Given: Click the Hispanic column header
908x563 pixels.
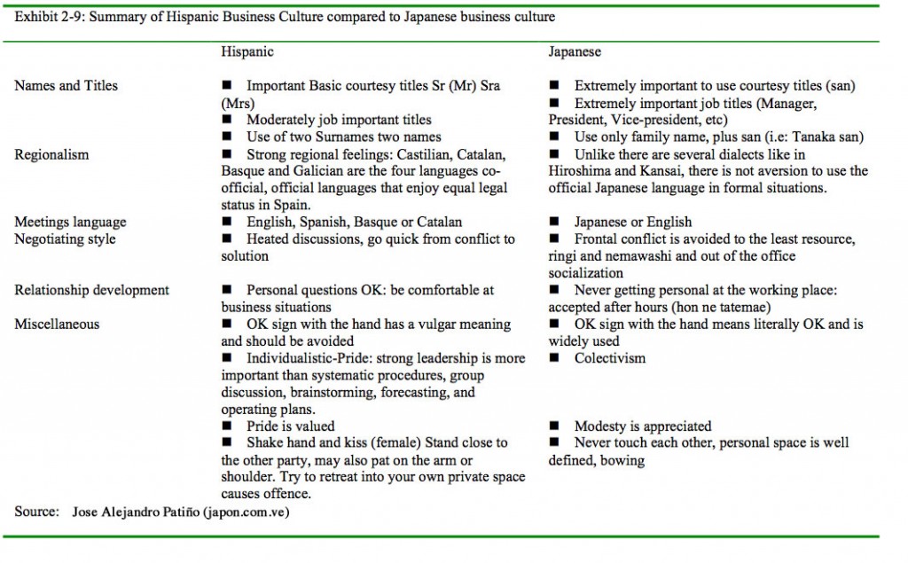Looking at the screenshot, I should (x=247, y=51).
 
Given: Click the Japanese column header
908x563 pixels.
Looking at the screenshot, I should (x=575, y=51).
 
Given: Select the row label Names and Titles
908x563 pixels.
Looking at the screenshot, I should (x=66, y=86).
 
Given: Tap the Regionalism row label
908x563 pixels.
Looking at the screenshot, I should (x=51, y=154).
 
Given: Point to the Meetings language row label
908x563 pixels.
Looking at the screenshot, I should (x=70, y=222).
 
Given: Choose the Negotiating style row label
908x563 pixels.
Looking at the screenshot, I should (x=65, y=238).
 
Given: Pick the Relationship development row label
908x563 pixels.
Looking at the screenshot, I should (x=91, y=290).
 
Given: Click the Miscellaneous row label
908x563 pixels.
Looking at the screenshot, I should (x=57, y=324).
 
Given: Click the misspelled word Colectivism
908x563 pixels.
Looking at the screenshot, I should (x=610, y=358).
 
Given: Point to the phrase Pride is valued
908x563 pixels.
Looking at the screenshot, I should (x=290, y=426).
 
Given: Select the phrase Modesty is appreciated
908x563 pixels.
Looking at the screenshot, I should (x=643, y=426).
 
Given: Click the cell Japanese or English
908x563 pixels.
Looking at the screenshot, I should (x=633, y=222).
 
